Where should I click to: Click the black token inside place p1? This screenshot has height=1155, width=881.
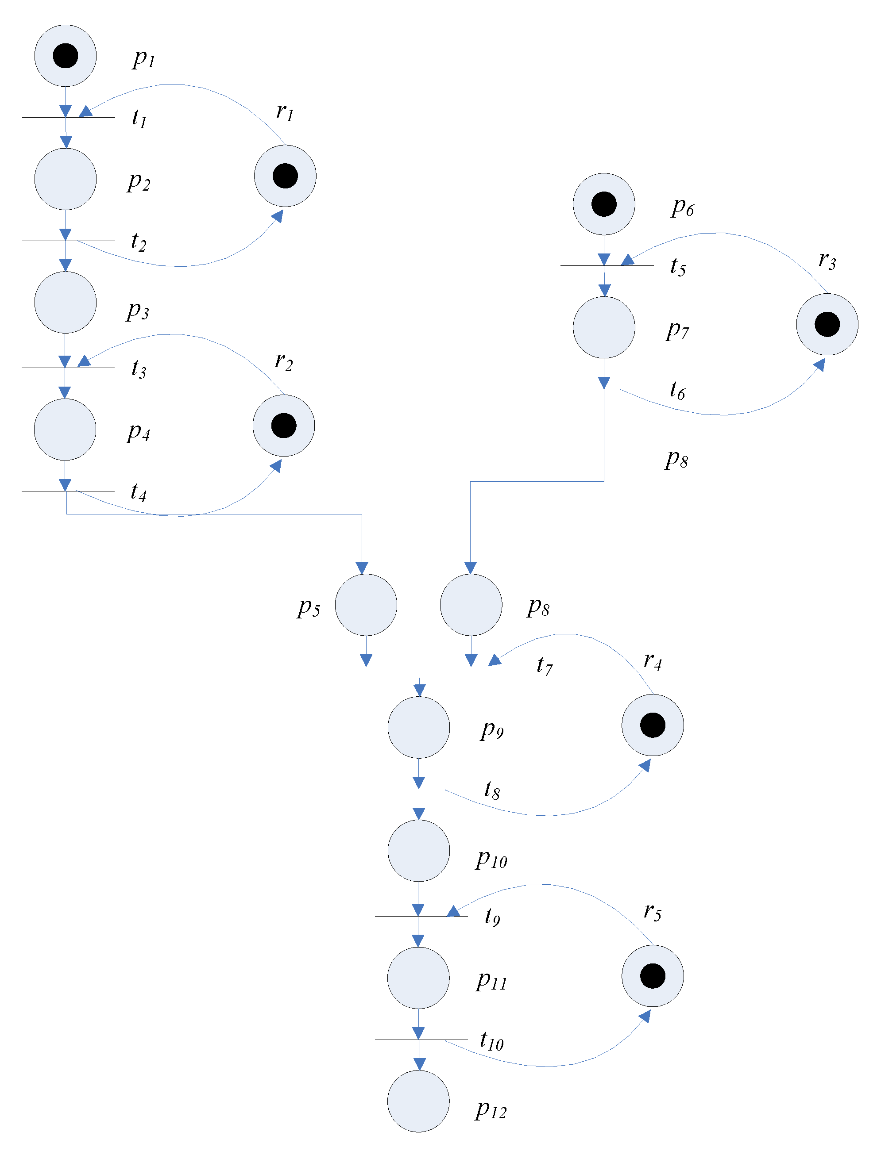click(66, 56)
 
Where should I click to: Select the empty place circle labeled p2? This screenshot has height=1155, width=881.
click(66, 179)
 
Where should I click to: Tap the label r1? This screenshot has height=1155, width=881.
click(285, 111)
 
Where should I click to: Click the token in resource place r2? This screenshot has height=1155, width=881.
click(284, 426)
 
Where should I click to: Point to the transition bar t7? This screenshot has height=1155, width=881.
click(418, 666)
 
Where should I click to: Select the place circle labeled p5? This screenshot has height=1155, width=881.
click(366, 605)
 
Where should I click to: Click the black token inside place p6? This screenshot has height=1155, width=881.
click(603, 204)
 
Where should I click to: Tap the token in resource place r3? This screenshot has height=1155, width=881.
click(827, 324)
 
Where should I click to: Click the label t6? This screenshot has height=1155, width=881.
click(677, 391)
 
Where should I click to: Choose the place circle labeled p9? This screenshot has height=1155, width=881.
click(418, 727)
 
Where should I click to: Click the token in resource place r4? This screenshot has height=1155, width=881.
click(653, 725)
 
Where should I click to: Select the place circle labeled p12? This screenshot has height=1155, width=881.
click(418, 1101)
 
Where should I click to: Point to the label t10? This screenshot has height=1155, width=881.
click(491, 1040)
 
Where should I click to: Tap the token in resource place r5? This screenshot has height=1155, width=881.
click(653, 976)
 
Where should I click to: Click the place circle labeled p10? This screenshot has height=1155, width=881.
click(418, 851)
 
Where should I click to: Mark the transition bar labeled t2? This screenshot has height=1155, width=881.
click(68, 241)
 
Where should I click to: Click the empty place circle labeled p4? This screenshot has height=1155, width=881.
click(65, 430)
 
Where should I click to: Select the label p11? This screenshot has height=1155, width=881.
click(491, 980)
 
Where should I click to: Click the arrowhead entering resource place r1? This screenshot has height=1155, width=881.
click(278, 215)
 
